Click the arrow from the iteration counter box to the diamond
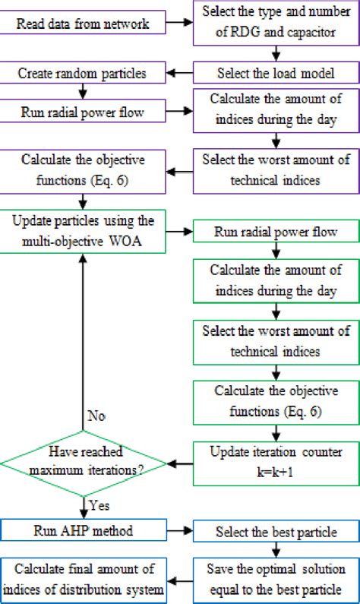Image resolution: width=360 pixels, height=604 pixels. [180, 462]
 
